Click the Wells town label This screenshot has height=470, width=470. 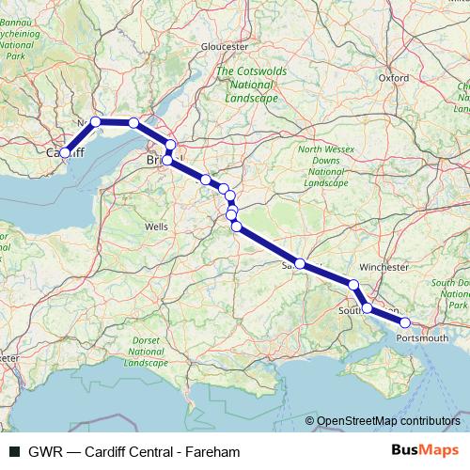coord(156,227)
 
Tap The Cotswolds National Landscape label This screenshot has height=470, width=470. coord(247,84)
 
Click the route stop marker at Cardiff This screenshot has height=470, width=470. coord(65,152)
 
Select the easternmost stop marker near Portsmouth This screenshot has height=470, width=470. coord(405,322)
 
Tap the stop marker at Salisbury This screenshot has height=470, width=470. coord(300,264)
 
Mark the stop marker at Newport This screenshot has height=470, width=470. coord(96,121)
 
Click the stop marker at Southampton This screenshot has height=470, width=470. coord(367,308)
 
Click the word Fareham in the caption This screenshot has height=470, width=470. coord(213,452)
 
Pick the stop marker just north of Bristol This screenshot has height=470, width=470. coord(171,144)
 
